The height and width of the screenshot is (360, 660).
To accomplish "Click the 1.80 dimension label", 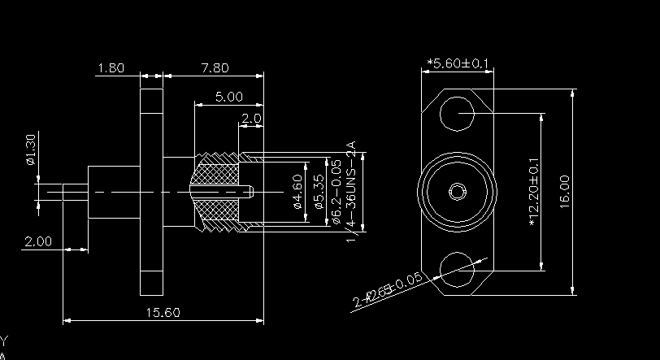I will pyautogui.click(x=110, y=68).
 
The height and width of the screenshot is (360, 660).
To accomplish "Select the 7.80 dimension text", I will pyautogui.click(x=214, y=68).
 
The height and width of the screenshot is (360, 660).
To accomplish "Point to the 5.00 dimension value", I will pyautogui.click(x=228, y=97).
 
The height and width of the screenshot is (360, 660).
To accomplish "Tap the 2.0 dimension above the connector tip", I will pyautogui.click(x=250, y=119).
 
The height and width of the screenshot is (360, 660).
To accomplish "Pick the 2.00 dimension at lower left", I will pyautogui.click(x=38, y=241).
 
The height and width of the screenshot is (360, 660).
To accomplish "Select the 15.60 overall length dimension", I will pyautogui.click(x=163, y=312).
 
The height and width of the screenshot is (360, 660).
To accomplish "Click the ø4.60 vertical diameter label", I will pyautogui.click(x=297, y=191).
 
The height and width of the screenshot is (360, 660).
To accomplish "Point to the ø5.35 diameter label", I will pyautogui.click(x=319, y=191).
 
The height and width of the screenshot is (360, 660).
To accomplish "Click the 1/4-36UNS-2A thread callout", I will pyautogui.click(x=352, y=192).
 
